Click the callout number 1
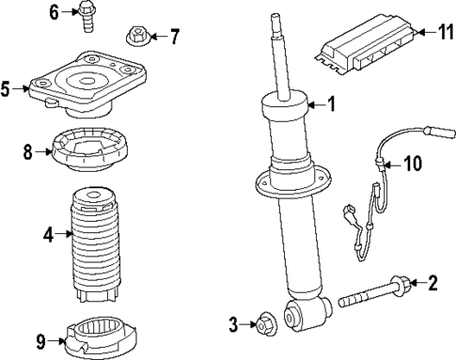click(x=330, y=104)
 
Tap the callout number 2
click(x=432, y=281)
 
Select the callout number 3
click(x=234, y=325)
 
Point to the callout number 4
click(x=47, y=234)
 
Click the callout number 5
click(x=6, y=89)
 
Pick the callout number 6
click(x=54, y=12)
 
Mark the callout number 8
click(x=27, y=150)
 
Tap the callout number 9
click(x=39, y=340)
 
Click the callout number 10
click(x=414, y=164)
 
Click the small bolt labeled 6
click(x=87, y=17)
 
